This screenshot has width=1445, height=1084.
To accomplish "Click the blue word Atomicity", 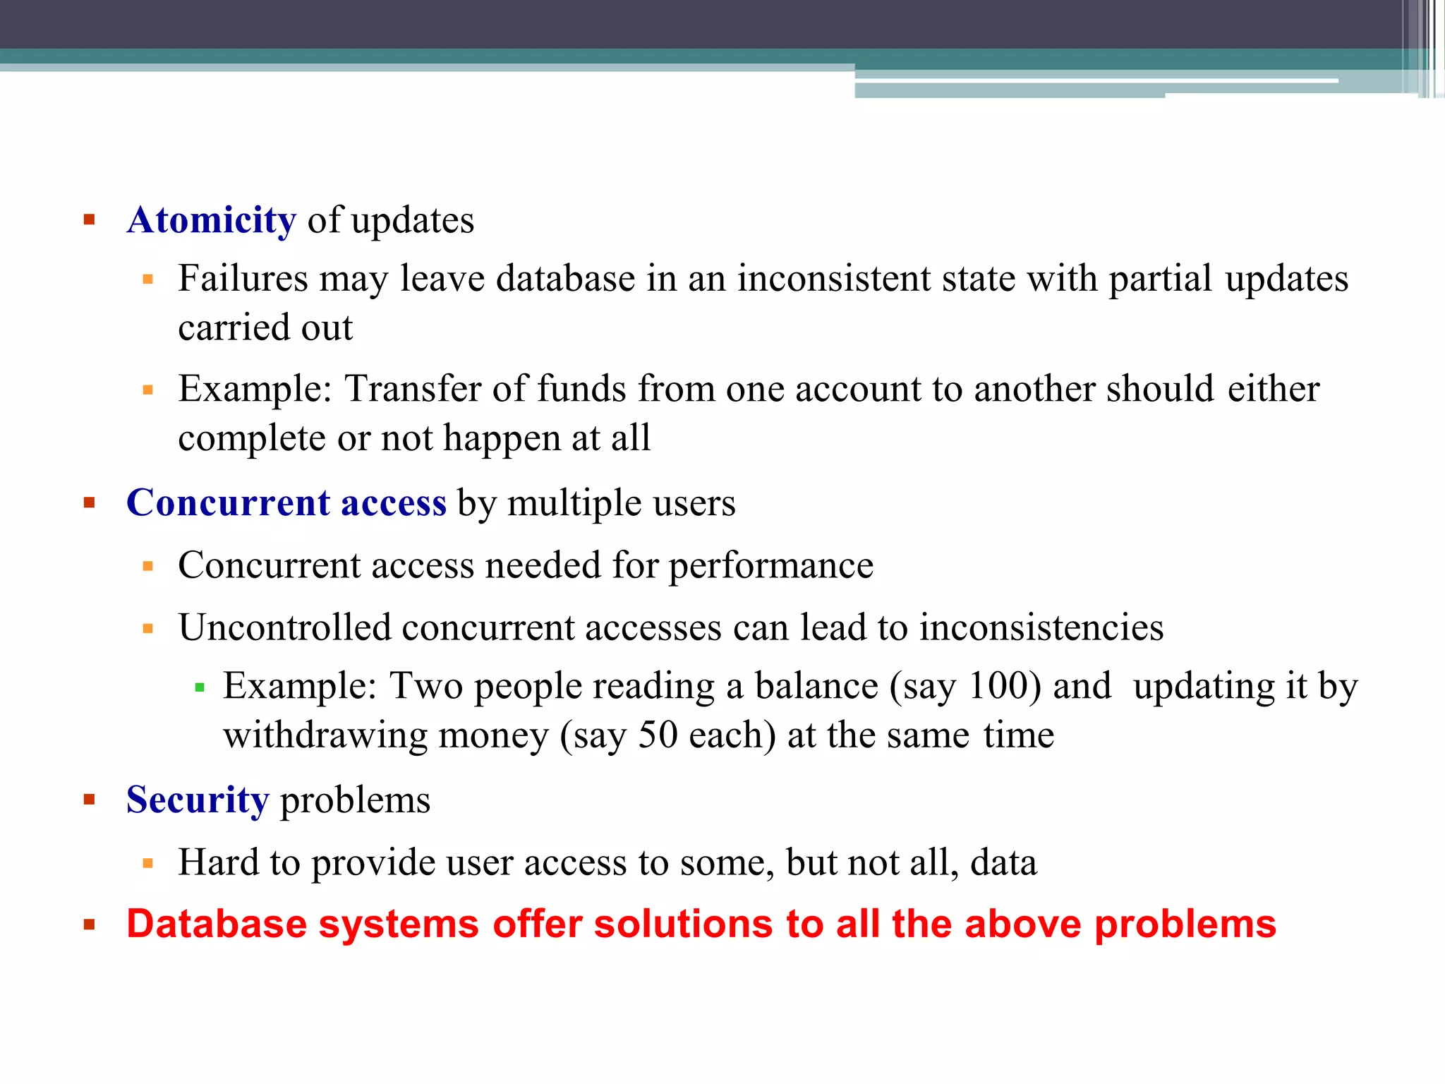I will [x=212, y=220].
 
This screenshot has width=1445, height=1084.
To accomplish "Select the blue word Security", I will [x=198, y=800].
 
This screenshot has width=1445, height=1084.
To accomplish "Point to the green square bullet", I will [x=200, y=687].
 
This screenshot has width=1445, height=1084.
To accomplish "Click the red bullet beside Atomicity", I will [x=89, y=219].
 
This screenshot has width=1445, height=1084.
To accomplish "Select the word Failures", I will [x=243, y=278].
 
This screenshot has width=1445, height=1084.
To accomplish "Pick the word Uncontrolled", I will [x=284, y=627].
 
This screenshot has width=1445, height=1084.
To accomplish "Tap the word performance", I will [x=770, y=565].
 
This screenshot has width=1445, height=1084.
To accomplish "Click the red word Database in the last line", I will [x=217, y=924].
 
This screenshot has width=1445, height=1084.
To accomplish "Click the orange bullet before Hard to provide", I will [x=147, y=862].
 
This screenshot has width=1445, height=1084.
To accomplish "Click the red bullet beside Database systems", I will [x=89, y=925].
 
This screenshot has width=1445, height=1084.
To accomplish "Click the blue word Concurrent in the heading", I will [x=228, y=502].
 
